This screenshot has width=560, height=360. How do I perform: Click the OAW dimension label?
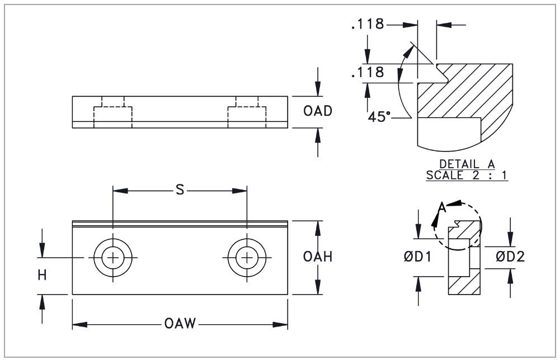(x=180, y=324)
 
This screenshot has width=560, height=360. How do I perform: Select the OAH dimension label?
(x=318, y=257)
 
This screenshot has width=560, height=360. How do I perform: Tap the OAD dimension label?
(x=318, y=111)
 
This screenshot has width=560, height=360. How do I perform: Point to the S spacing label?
(x=180, y=191)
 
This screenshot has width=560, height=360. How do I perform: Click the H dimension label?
(x=43, y=274)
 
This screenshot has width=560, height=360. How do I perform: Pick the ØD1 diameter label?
(x=417, y=257)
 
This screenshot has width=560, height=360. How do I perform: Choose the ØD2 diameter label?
(x=510, y=257)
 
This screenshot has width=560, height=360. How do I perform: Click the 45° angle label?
(x=380, y=118)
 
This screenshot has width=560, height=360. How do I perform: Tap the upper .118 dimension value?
(x=368, y=25)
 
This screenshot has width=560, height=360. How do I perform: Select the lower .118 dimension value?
(x=368, y=73)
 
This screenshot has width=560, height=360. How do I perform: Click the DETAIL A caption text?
(x=468, y=164)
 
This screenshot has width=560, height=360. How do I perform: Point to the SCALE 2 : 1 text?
(x=468, y=174)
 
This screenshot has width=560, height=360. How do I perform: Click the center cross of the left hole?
(x=114, y=258)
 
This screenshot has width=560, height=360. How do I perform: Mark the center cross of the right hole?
(x=247, y=258)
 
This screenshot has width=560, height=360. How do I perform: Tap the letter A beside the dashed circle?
(x=442, y=208)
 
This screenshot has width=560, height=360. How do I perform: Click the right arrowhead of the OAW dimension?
(x=283, y=324)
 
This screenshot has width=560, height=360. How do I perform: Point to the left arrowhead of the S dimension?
(x=117, y=191)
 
